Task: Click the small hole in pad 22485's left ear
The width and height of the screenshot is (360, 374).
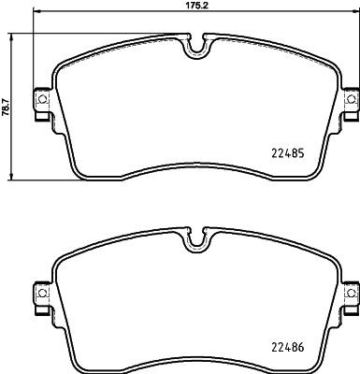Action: tap(42, 98)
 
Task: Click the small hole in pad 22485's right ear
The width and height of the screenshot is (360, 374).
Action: tap(351, 98)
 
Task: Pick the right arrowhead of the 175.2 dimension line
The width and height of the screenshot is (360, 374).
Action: tap(356, 14)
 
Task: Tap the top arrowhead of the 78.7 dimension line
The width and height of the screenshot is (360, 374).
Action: tap(13, 36)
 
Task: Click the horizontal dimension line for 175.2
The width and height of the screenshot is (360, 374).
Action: tap(112, 14)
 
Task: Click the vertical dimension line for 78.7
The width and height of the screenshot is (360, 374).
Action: tap(13, 140)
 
